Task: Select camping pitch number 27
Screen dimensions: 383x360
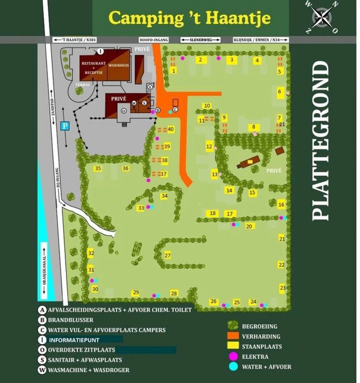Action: (x=168, y=255)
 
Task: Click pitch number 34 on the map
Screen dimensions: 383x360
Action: (x=164, y=196)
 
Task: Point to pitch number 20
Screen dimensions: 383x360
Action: (x=249, y=226)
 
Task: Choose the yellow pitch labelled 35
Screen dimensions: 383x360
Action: (x=98, y=169)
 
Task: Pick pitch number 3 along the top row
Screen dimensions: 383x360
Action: (x=232, y=60)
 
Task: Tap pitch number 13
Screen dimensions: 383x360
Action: (x=214, y=175)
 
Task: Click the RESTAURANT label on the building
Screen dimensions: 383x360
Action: (x=93, y=63)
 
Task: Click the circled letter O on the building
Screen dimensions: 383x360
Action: (x=124, y=111)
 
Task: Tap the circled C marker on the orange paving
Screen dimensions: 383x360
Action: (x=175, y=109)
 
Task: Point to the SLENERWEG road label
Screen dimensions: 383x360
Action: (x=200, y=40)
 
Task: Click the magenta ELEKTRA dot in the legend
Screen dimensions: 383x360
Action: (x=234, y=357)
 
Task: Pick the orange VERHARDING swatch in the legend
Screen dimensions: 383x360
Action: (x=233, y=337)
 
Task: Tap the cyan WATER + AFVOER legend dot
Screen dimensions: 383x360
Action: (x=234, y=367)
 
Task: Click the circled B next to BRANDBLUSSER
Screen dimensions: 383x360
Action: (x=43, y=320)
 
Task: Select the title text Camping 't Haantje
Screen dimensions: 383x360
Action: (x=190, y=18)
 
